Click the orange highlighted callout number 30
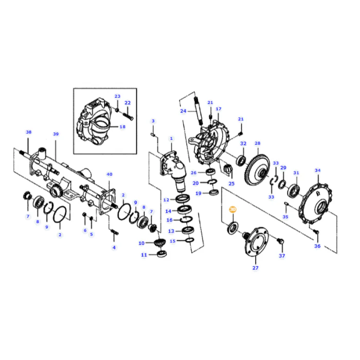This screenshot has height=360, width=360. tap(232, 209)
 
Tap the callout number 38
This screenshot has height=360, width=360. tap(29, 132)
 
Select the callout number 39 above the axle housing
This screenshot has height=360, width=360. tap(56, 134)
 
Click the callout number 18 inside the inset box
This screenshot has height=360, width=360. tap(122, 127)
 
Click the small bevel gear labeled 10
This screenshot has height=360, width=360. tap(159, 243)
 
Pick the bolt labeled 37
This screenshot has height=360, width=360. tap(280, 242)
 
